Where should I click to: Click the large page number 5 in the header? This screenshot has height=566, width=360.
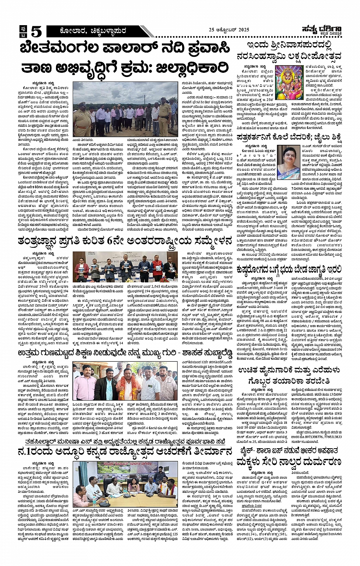36,31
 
